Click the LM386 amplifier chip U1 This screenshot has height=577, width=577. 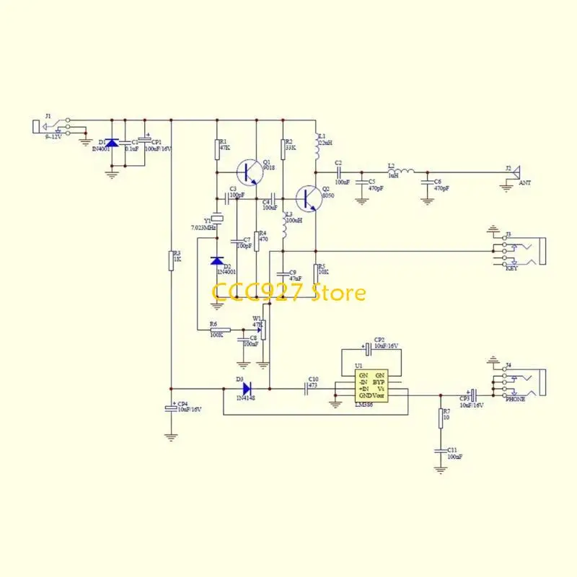(x=371, y=385)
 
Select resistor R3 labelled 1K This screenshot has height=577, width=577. (x=171, y=260)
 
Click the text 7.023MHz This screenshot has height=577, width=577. (x=203, y=228)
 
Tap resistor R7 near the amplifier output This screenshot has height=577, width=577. (x=440, y=418)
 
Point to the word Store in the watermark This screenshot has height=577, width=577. (x=338, y=293)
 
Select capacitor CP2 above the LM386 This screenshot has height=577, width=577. (x=368, y=348)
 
